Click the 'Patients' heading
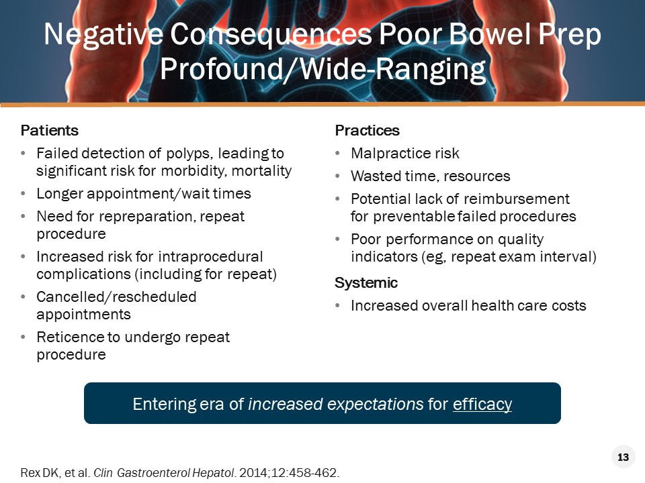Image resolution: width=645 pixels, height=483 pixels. [50, 130]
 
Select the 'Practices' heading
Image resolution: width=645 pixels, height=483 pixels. [368, 130]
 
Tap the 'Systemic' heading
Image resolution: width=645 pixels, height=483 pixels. [366, 283]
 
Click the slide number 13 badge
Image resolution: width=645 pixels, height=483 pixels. [623, 458]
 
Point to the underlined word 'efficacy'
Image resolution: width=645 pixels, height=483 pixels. [482, 405]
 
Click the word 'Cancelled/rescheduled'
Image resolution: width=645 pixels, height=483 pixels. [116, 297]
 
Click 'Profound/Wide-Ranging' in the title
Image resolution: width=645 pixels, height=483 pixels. [322, 70]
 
